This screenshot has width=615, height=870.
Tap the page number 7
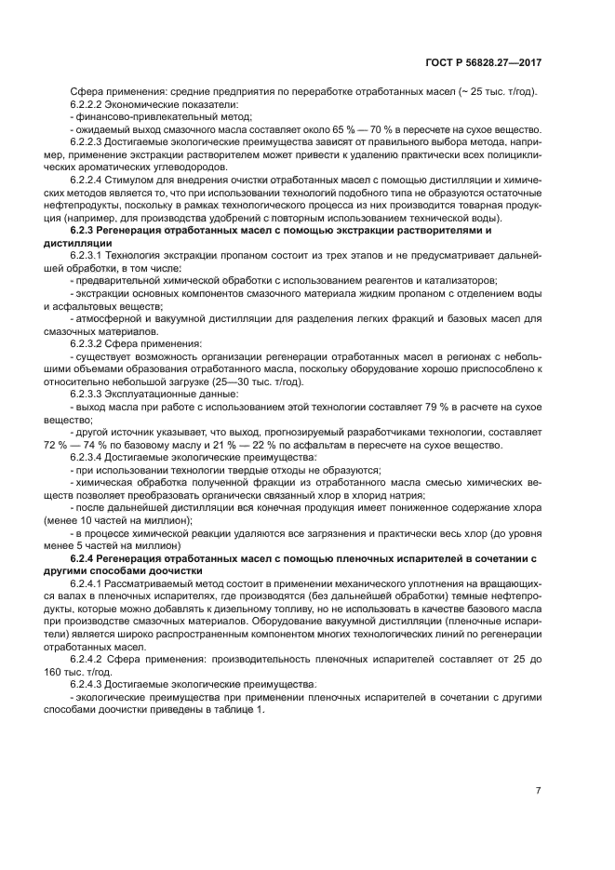click(539, 791)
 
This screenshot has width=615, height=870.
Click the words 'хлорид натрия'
click(390, 495)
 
